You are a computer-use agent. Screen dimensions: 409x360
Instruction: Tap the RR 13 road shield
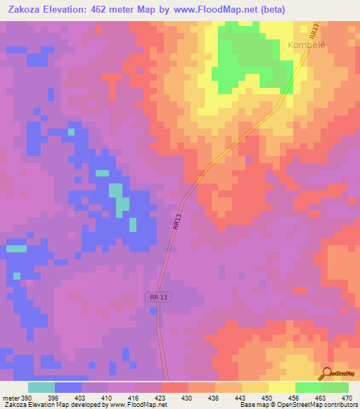tap(160, 297)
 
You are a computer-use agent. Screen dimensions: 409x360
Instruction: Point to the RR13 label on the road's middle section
tap(176, 223)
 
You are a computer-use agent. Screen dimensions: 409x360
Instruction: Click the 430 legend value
tap(188, 397)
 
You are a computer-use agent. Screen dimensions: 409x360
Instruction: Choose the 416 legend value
tap(134, 397)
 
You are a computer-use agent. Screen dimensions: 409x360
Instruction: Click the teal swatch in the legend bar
tap(41, 387)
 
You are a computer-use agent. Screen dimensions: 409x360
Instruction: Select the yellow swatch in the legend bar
tap(281, 387)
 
